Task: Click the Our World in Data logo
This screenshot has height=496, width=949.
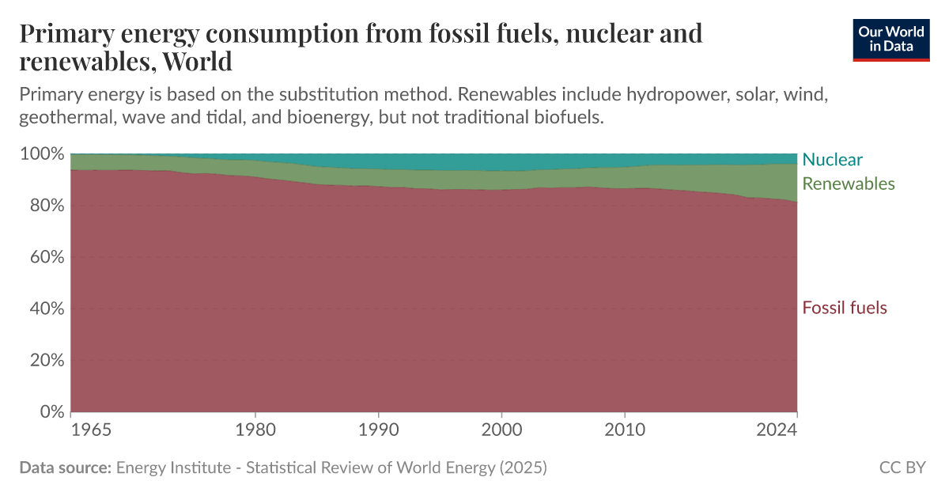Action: pyautogui.click(x=891, y=39)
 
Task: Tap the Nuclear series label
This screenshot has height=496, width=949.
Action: pyautogui.click(x=832, y=160)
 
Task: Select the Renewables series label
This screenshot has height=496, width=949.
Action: pyautogui.click(x=848, y=184)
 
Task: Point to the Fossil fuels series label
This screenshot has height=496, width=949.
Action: pyautogui.click(x=844, y=308)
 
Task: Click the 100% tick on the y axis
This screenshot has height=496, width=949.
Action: pyautogui.click(x=40, y=153)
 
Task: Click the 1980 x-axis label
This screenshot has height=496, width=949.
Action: pyautogui.click(x=255, y=430)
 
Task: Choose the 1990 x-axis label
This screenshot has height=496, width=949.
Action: pyautogui.click(x=378, y=430)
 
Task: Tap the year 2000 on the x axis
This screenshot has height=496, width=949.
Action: pyautogui.click(x=501, y=430)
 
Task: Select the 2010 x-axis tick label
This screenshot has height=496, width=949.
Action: pyautogui.click(x=625, y=430)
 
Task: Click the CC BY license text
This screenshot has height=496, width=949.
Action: pyautogui.click(x=902, y=468)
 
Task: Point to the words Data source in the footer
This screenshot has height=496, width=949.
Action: pyautogui.click(x=65, y=468)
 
